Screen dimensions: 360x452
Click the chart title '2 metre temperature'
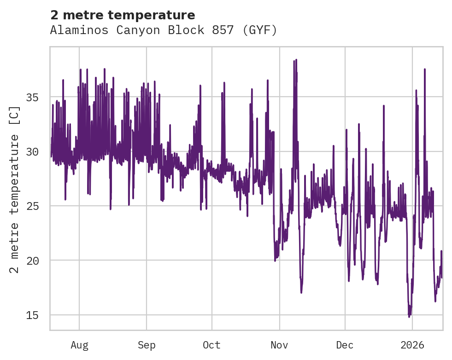123,15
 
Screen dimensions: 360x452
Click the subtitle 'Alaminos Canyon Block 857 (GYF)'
164,30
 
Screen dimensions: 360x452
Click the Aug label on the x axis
79,345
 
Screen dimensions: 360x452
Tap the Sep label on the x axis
147,345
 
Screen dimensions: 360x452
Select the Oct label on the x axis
212,345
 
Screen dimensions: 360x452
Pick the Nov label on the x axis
279,345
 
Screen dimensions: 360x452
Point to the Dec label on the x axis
345,345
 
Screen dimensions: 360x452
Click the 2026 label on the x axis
412,345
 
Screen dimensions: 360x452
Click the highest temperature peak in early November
296,60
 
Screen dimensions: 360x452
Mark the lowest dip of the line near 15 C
409,316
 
